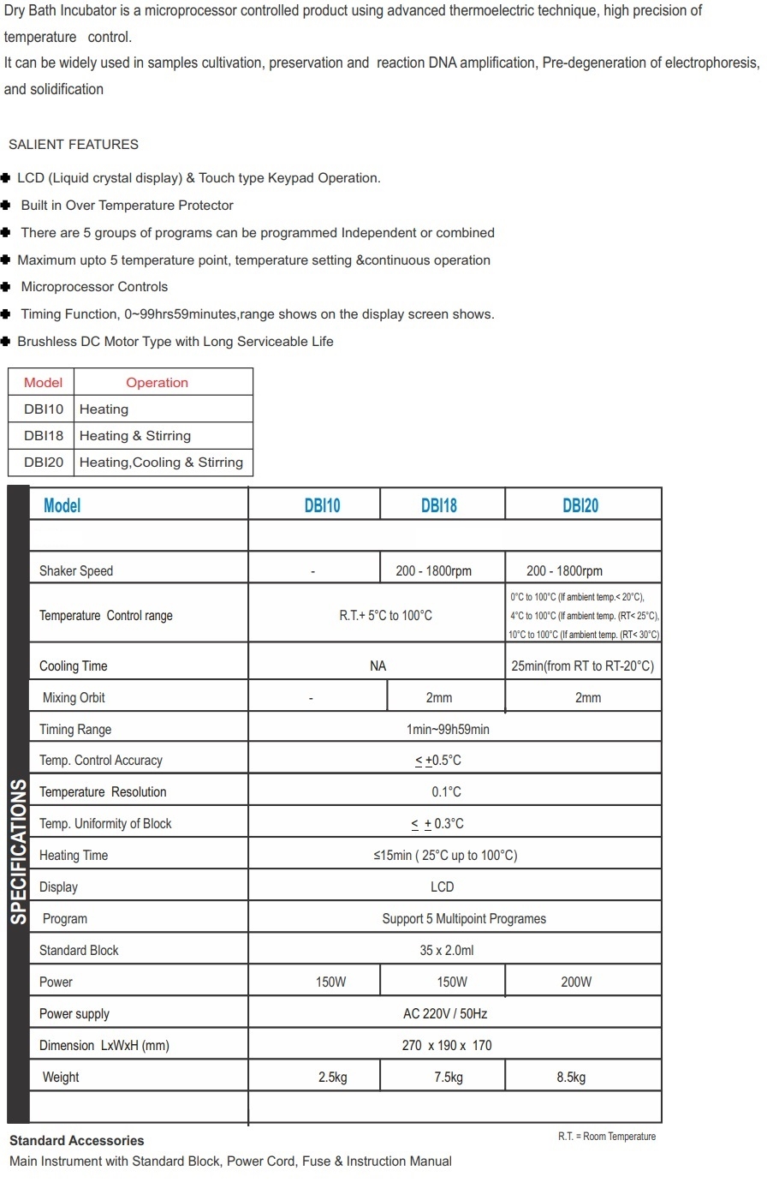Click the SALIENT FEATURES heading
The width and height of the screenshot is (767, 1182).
(x=74, y=144)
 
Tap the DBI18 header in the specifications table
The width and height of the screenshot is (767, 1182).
(x=439, y=505)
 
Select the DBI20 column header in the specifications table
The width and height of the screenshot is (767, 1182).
(x=580, y=505)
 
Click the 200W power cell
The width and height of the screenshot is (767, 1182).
(x=576, y=982)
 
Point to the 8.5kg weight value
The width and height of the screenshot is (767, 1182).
(x=571, y=1077)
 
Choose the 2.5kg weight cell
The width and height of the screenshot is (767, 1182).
(x=332, y=1077)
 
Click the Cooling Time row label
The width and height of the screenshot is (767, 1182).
(x=74, y=666)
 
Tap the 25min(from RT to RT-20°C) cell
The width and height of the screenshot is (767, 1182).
(x=582, y=666)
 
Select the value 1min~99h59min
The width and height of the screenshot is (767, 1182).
(x=448, y=729)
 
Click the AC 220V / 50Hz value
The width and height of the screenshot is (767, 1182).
(x=445, y=1013)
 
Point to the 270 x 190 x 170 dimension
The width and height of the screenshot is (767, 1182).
(x=447, y=1045)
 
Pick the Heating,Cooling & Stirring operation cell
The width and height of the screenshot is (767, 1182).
(x=161, y=463)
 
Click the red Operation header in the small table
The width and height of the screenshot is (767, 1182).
(x=157, y=383)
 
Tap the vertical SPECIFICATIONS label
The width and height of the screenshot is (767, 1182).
(x=18, y=852)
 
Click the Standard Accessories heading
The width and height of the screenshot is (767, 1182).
(x=77, y=1141)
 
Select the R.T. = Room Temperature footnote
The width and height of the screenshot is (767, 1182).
(x=607, y=1137)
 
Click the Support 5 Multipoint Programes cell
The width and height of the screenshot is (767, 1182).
(x=464, y=918)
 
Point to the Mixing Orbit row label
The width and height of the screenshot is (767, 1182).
(x=74, y=697)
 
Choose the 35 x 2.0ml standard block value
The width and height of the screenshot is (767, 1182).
(x=447, y=950)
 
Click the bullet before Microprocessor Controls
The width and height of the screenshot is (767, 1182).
(x=6, y=287)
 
